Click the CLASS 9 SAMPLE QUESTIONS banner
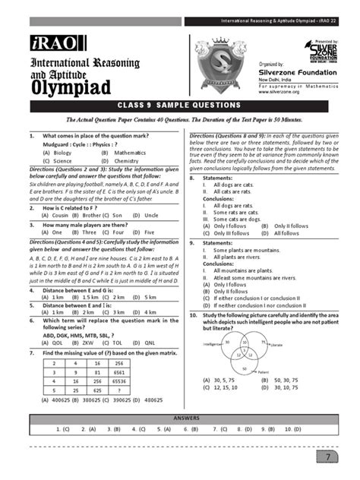179,105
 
